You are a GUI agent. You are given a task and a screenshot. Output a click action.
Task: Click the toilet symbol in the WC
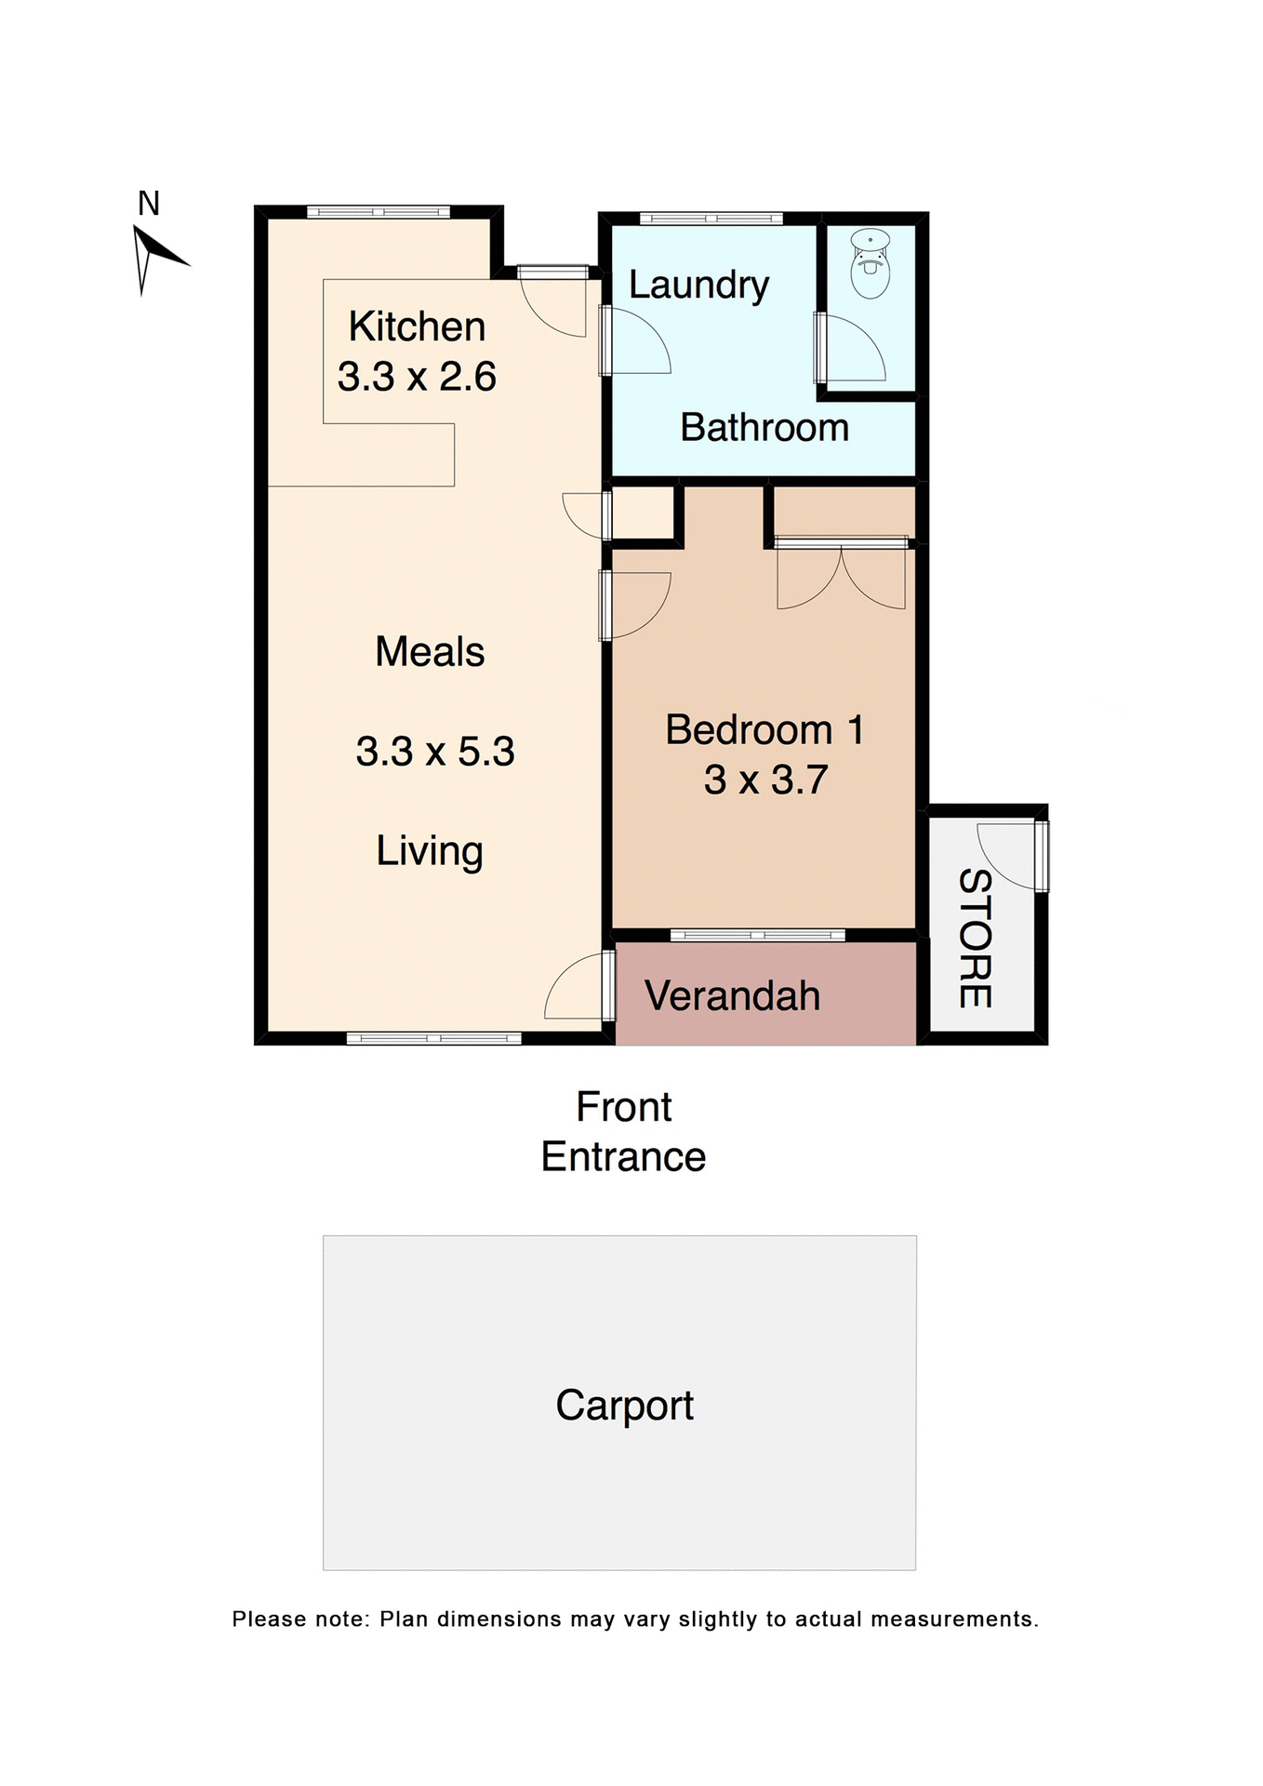pyautogui.click(x=871, y=264)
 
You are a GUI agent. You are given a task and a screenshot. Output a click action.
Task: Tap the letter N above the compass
pyautogui.click(x=149, y=203)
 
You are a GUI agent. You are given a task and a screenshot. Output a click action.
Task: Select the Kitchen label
pyautogui.click(x=417, y=327)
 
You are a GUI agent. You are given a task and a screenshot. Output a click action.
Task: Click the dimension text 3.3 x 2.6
pyautogui.click(x=417, y=377)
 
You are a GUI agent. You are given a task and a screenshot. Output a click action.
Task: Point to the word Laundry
pyautogui.click(x=698, y=285)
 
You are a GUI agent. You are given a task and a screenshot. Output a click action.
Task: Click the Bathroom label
pyautogui.click(x=764, y=428)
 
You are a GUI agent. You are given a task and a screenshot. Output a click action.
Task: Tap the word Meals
pyautogui.click(x=430, y=652)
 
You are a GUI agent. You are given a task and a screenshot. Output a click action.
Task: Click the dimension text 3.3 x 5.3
pyautogui.click(x=435, y=752)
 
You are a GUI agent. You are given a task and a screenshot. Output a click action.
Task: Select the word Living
pyautogui.click(x=430, y=851)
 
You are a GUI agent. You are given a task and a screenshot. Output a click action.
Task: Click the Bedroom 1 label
pyautogui.click(x=764, y=730)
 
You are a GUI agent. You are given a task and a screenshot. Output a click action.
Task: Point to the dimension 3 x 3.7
pyautogui.click(x=764, y=780)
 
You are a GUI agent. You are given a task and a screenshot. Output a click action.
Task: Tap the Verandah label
pyautogui.click(x=733, y=996)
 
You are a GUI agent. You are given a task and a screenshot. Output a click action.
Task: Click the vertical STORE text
pyautogui.click(x=975, y=938)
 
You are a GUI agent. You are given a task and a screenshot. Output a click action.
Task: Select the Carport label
pyautogui.click(x=624, y=1406)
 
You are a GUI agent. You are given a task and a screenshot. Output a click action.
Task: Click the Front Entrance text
pyautogui.click(x=624, y=1132)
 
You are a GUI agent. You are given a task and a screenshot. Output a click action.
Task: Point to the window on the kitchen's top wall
pyautogui.click(x=379, y=212)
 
